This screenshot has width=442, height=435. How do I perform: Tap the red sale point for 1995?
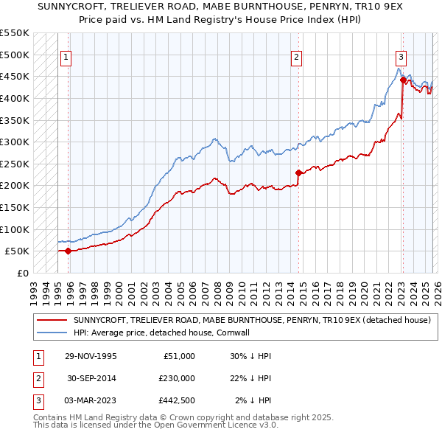tap(68, 251)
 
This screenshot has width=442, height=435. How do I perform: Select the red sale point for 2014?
tap(298, 173)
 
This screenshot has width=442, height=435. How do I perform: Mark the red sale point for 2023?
tap(403, 80)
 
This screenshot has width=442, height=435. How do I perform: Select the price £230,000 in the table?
tap(177, 378)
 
